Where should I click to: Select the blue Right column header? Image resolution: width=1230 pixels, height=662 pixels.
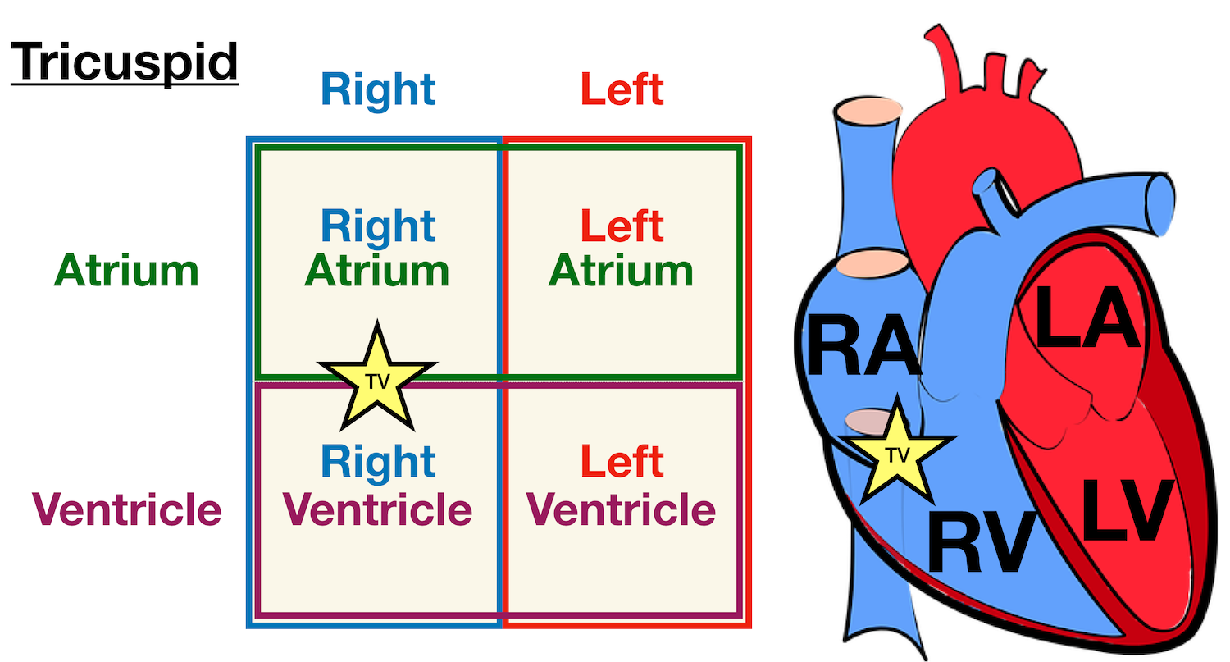378,89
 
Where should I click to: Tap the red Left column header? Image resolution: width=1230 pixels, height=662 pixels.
622,89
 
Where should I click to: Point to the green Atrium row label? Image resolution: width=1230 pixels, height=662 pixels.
126,271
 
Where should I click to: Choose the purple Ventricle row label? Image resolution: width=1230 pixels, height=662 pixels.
127,509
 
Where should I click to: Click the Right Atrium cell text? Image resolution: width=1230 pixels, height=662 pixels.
377,249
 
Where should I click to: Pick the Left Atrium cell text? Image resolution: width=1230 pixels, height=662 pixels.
622,249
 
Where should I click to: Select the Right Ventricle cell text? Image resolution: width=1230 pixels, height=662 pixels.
378,486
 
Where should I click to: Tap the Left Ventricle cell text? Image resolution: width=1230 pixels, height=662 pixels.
622,486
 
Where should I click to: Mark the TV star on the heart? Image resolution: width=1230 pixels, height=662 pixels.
899,456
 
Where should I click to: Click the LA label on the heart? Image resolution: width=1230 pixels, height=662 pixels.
1087,320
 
